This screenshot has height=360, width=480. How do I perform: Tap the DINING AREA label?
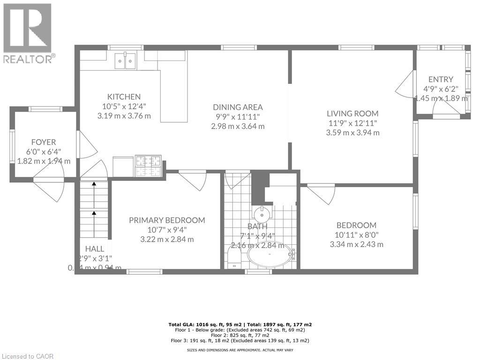click(x=238, y=107)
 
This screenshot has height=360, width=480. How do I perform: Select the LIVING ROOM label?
click(x=352, y=113)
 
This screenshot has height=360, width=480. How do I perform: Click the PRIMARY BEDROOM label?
click(x=167, y=220)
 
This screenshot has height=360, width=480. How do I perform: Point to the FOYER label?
click(x=43, y=142)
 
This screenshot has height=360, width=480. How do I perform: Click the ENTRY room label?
click(x=441, y=79)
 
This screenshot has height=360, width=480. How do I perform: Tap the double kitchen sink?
click(x=125, y=60)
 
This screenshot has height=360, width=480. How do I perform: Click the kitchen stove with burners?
click(x=148, y=165)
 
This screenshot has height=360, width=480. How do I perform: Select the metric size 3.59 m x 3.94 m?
click(x=352, y=133)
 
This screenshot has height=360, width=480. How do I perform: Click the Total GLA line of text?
click(x=240, y=324)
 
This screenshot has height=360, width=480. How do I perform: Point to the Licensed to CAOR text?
click(x=28, y=356)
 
